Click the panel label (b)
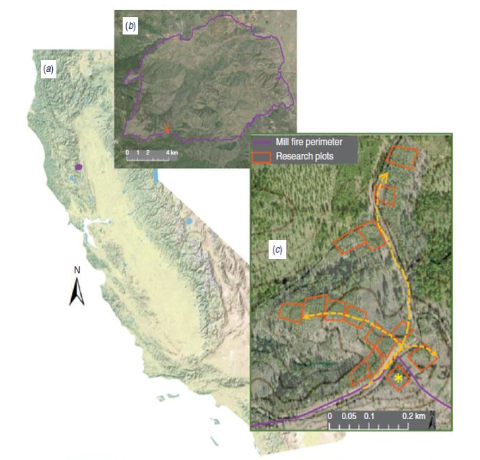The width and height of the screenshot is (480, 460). tap(130, 26)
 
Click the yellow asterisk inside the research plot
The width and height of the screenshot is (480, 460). tap(399, 379)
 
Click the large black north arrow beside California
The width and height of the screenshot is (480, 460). tap(77, 291)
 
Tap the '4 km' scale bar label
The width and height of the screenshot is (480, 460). tap(171, 152)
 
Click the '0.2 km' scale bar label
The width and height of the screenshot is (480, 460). tap(414, 416)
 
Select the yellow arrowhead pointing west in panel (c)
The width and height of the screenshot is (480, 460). tap(307, 318)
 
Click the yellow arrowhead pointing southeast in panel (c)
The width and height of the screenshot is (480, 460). tap(432, 354)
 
